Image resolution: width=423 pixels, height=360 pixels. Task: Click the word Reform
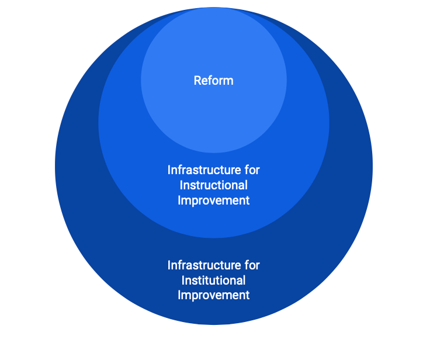click(x=213, y=81)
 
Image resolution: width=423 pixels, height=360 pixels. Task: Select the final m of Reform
click(x=228, y=81)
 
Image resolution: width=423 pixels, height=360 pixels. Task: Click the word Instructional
click(x=213, y=185)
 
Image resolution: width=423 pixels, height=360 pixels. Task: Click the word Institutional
click(x=213, y=281)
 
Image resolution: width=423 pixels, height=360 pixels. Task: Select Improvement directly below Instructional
click(x=213, y=200)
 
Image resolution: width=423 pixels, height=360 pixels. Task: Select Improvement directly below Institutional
click(x=213, y=296)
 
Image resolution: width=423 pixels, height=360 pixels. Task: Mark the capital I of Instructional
click(x=181, y=185)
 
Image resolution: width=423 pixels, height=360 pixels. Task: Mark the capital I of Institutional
click(x=183, y=281)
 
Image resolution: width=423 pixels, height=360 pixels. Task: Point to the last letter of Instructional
click(x=246, y=185)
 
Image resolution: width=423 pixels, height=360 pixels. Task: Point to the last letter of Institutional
click(x=244, y=281)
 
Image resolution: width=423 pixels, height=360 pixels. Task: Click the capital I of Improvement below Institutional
click(x=179, y=296)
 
